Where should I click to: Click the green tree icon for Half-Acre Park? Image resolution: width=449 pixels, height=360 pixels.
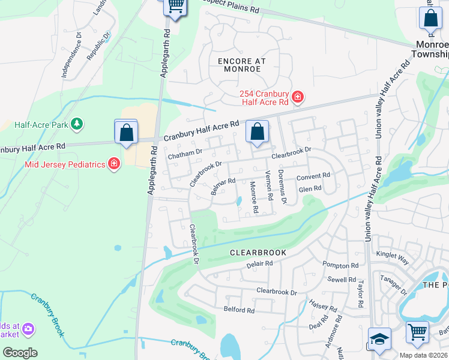point(76,124)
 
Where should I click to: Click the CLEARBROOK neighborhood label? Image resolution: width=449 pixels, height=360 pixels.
point(258,253)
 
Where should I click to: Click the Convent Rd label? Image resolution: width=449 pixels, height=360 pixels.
point(313,176)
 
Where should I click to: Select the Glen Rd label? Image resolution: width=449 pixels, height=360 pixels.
point(310,188)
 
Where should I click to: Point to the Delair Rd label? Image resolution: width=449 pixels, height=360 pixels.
point(259,263)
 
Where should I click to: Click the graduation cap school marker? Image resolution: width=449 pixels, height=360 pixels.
point(379,339)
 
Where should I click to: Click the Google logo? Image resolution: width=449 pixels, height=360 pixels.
point(20,353)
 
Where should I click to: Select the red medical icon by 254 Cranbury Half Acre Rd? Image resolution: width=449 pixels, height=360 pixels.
point(297,97)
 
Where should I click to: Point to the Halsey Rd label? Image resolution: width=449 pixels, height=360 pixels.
point(324,306)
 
